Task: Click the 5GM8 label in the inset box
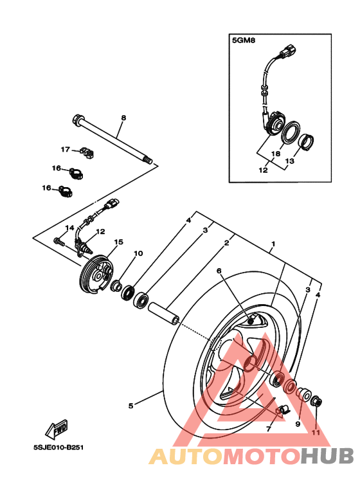(x=244, y=41)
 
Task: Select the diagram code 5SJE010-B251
(x=59, y=447)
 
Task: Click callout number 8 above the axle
(x=123, y=118)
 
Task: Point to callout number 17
(x=66, y=149)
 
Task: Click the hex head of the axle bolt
(x=77, y=119)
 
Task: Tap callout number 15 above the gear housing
(x=118, y=242)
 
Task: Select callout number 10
(x=138, y=253)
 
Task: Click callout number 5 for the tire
(x=131, y=406)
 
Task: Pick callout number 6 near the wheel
(x=219, y=271)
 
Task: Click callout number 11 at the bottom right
(x=316, y=433)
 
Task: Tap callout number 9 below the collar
(x=298, y=424)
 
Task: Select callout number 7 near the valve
(x=269, y=429)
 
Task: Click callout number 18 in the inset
(x=276, y=154)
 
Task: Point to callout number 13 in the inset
(x=290, y=161)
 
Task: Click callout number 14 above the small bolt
(x=69, y=228)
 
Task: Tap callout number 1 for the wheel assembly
(x=273, y=244)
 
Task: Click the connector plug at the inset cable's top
(x=289, y=50)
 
